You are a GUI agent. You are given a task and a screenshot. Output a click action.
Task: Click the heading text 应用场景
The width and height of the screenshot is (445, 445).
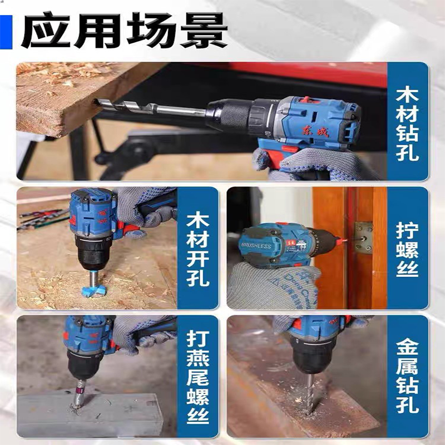[124, 31]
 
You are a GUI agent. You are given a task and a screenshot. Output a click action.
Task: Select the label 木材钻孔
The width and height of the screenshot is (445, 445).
[407, 124]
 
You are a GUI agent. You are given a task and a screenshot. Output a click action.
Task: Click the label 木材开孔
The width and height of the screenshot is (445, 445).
[198, 250]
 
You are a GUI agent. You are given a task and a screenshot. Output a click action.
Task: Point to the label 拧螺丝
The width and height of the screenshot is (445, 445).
[407, 250]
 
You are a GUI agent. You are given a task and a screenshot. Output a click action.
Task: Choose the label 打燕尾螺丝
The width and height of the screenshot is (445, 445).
[198, 377]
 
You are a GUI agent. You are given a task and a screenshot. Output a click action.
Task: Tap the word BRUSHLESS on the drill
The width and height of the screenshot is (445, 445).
[256, 246]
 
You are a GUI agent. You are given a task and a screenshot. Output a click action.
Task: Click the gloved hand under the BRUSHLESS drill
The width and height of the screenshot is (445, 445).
[273, 286]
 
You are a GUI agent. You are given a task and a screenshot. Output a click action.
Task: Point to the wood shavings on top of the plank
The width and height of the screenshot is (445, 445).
[57, 73]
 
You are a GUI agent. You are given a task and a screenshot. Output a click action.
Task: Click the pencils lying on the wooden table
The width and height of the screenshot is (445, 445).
[43, 219]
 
